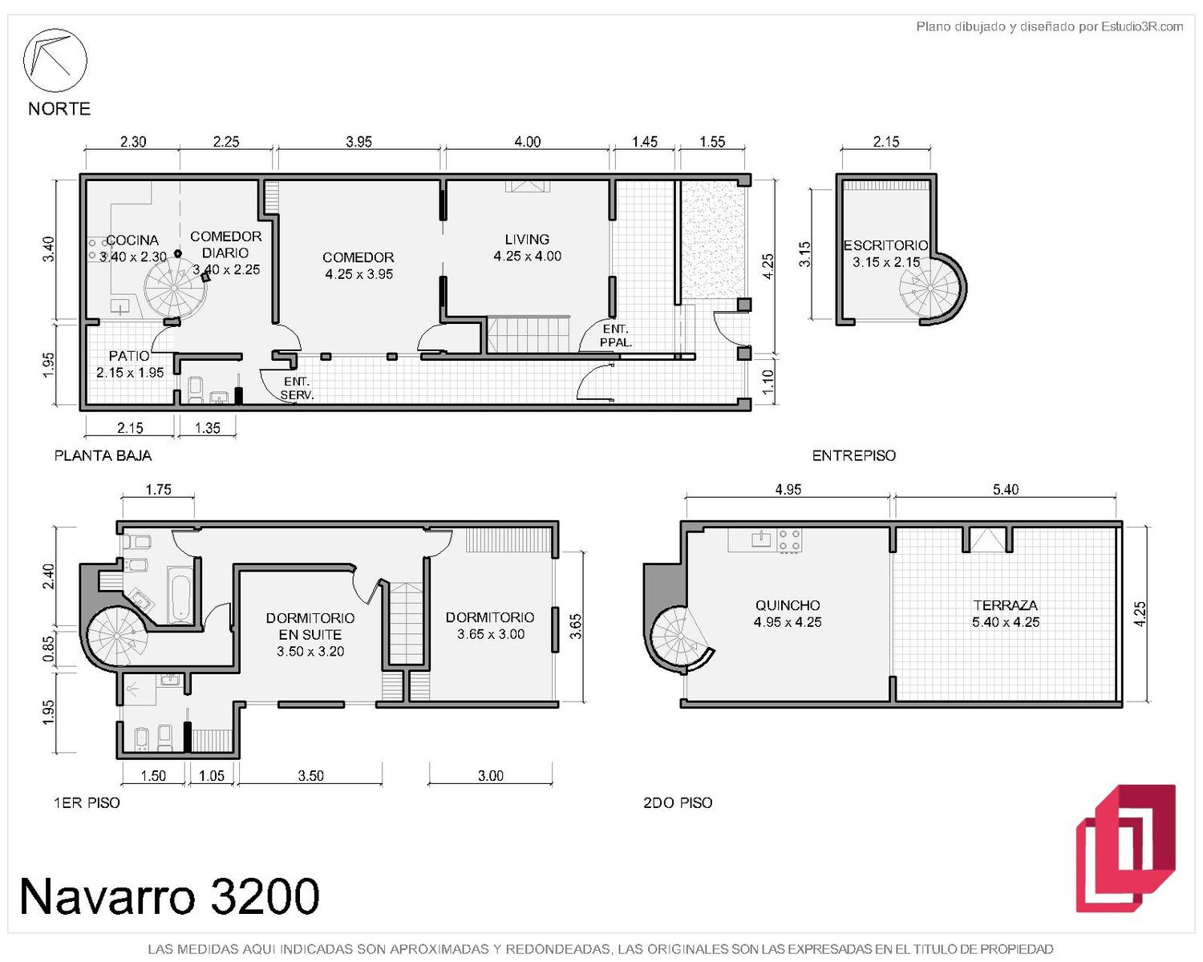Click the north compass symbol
[55, 60]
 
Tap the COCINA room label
[132, 240]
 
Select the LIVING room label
[527, 239]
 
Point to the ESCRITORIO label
[885, 245]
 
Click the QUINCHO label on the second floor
[787, 605]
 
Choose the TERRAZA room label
[1005, 605]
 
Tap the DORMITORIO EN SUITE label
[310, 626]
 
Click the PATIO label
[129, 356]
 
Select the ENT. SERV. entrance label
[297, 389]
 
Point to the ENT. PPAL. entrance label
[615, 336]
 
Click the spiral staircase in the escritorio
[930, 288]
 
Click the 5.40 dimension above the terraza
[1005, 490]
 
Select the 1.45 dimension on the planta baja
[645, 141]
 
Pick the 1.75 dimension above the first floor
[158, 490]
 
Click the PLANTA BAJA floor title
[103, 455]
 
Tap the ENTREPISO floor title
[853, 455]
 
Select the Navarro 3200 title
[169, 896]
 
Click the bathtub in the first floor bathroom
[180, 596]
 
